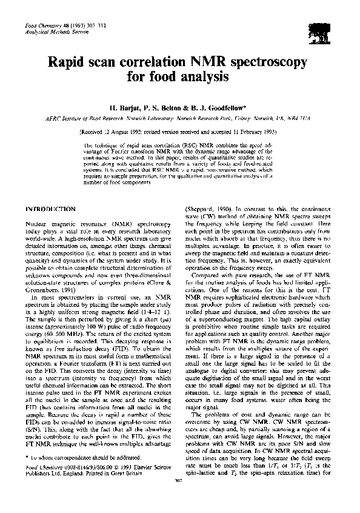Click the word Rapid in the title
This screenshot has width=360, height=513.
click(73, 63)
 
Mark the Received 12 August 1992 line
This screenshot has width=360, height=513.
click(179, 132)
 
